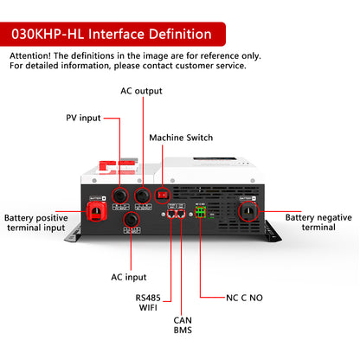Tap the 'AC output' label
(x=140, y=91)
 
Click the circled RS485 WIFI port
(x=171, y=214)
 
